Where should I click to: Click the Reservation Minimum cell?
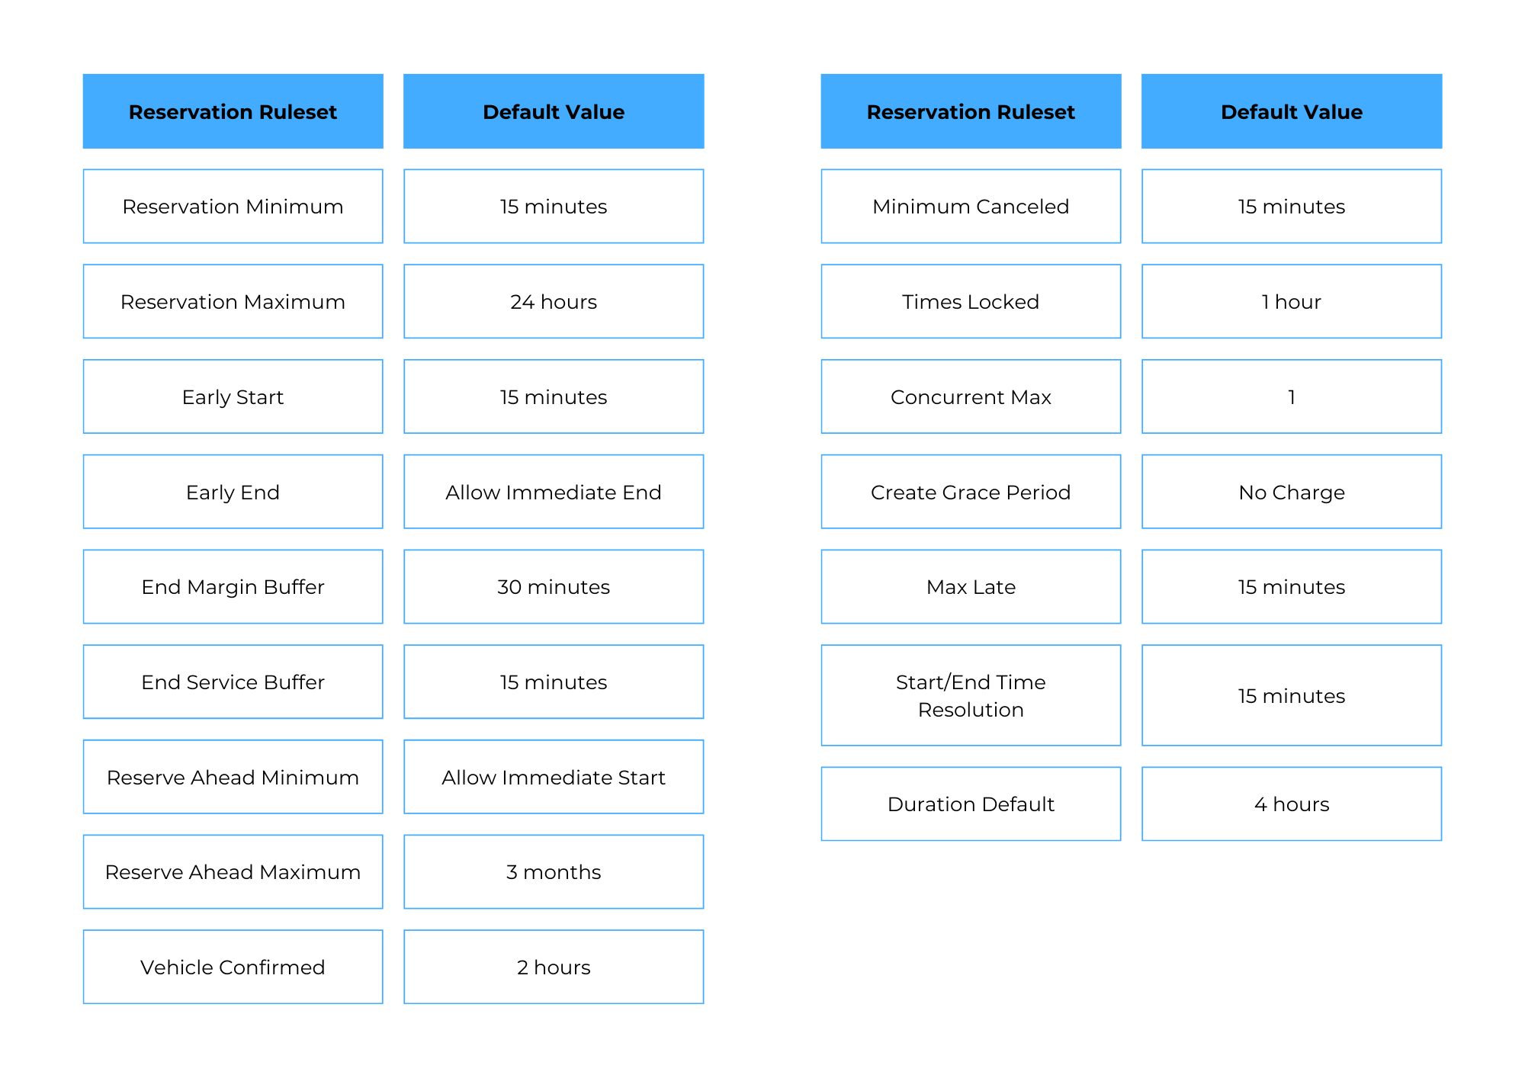pos(233,206)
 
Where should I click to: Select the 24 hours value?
pos(554,301)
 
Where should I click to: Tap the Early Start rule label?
pos(233,396)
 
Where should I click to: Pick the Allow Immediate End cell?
pos(554,492)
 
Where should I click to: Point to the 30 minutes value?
pos(554,586)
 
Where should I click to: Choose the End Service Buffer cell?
pos(233,682)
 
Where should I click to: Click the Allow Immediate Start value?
pos(554,777)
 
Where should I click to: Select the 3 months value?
pos(554,871)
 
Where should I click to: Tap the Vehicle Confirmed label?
pos(233,967)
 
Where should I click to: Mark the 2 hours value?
pos(554,967)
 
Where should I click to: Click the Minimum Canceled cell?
pos(971,206)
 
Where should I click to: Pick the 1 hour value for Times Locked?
pos(1292,301)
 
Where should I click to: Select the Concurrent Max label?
pos(971,396)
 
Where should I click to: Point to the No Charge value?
pos(1292,492)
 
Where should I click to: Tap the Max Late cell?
pos(971,586)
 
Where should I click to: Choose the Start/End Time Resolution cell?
pos(971,695)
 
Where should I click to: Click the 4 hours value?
pos(1292,804)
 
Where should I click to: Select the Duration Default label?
pos(971,804)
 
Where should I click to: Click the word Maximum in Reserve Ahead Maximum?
pos(310,872)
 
